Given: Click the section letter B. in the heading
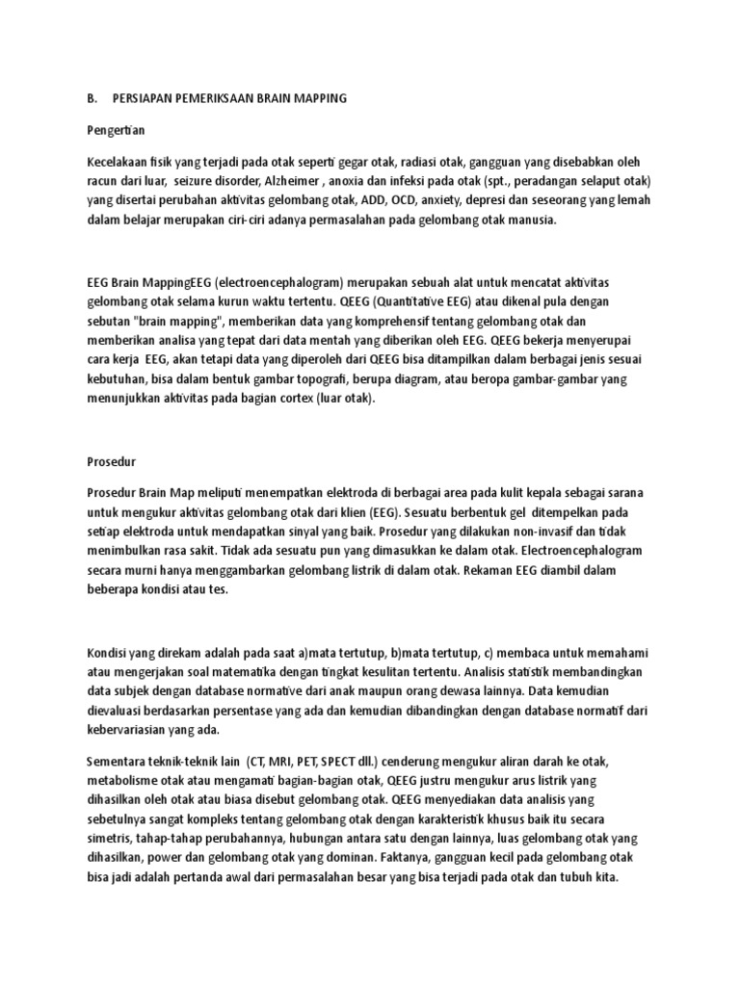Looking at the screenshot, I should (x=92, y=98).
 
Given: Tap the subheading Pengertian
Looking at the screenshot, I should (x=116, y=128).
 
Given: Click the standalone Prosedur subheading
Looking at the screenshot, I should (x=110, y=461).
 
